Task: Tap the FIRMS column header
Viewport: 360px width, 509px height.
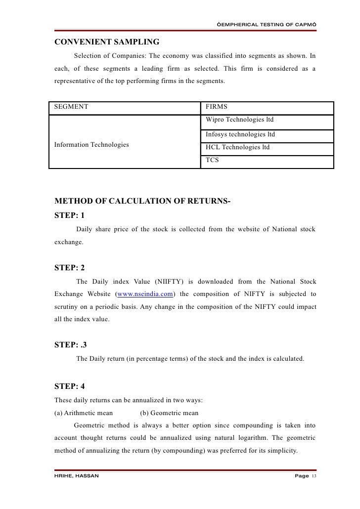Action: pyautogui.click(x=217, y=107)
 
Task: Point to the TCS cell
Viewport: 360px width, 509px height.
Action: pyautogui.click(x=213, y=161)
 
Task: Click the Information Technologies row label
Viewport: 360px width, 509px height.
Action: pyautogui.click(x=91, y=144)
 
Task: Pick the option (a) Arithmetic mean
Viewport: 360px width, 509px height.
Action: pyautogui.click(x=84, y=413)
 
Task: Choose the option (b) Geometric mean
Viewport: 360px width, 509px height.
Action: pyautogui.click(x=169, y=413)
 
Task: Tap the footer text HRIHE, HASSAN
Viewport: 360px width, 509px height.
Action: pyautogui.click(x=77, y=475)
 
